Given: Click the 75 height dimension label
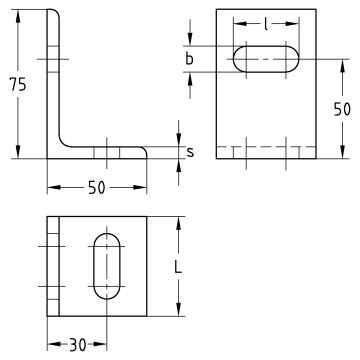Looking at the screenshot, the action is (x=18, y=84).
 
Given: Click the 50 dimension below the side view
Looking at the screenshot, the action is (x=97, y=188).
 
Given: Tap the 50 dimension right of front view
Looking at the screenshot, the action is (x=342, y=109).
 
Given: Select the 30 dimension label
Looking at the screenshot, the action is (x=78, y=344).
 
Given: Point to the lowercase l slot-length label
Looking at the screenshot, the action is (x=266, y=24).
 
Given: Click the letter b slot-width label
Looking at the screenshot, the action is (x=189, y=59).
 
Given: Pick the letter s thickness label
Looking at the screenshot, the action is (x=190, y=152).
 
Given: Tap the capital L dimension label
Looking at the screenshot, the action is (x=179, y=266).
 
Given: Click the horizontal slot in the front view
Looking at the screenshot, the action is (x=266, y=59).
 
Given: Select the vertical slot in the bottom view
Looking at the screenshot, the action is (x=107, y=266).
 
